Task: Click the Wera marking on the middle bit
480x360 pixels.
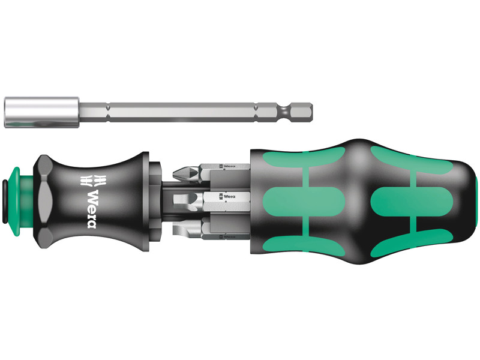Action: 229,196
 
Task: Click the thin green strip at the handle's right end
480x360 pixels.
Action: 476,204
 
